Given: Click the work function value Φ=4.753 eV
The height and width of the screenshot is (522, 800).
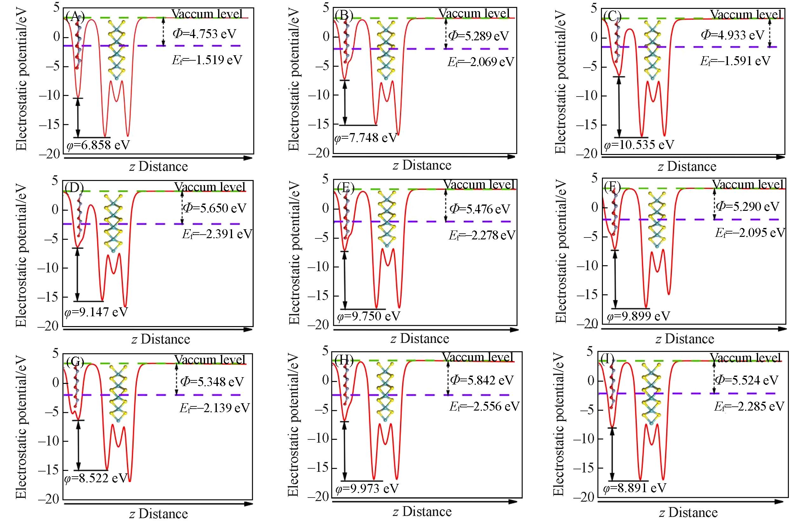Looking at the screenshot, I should point(204,34).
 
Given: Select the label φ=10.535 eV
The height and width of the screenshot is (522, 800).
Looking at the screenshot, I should point(639,145).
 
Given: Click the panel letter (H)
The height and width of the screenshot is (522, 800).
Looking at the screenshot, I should point(345,361).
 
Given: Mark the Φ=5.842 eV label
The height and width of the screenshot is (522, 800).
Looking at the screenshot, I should point(481,380).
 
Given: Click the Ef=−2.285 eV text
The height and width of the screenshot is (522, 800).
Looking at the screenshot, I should point(749,406).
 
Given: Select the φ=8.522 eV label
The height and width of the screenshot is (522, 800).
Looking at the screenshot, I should point(96,478).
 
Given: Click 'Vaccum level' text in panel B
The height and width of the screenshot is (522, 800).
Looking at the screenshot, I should point(474,13).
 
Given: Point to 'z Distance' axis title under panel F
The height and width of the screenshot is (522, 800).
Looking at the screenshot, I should point(685,338).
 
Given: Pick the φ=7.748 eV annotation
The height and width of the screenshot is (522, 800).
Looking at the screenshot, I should point(366,138).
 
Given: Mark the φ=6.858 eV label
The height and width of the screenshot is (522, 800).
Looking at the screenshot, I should point(97,144).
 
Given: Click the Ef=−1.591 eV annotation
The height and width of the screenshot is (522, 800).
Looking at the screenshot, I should point(735,61).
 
